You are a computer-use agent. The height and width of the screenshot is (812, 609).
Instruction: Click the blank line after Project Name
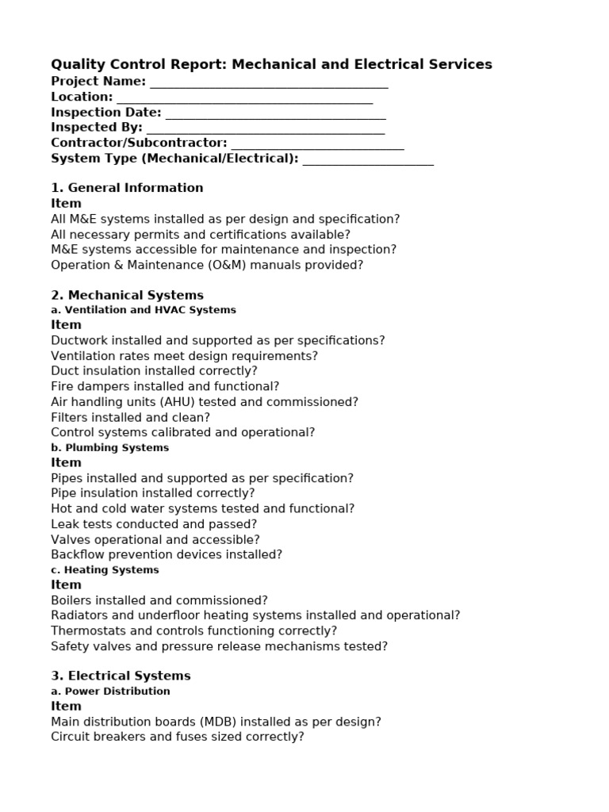269,84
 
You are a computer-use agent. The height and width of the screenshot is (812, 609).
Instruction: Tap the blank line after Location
244,100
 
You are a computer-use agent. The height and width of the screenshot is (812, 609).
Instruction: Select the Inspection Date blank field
275,116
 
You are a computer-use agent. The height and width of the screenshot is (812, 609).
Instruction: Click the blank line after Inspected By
266,131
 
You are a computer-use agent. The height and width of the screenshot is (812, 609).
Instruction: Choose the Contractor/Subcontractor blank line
317,146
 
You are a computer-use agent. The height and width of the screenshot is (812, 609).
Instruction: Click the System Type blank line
368,162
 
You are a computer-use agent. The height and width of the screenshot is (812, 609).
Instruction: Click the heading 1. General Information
127,188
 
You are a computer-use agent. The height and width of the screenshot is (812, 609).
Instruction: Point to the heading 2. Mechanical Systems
127,295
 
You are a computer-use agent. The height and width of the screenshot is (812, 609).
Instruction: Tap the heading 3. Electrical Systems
121,676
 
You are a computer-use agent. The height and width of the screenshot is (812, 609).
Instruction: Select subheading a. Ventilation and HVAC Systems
144,310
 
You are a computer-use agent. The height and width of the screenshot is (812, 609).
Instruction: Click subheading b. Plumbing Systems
109,447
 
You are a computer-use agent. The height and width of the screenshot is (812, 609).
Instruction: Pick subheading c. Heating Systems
105,569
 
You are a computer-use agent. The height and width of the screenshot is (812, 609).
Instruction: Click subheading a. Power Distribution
110,691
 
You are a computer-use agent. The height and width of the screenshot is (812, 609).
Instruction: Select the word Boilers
72,600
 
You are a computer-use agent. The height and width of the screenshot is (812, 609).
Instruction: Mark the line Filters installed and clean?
130,417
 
